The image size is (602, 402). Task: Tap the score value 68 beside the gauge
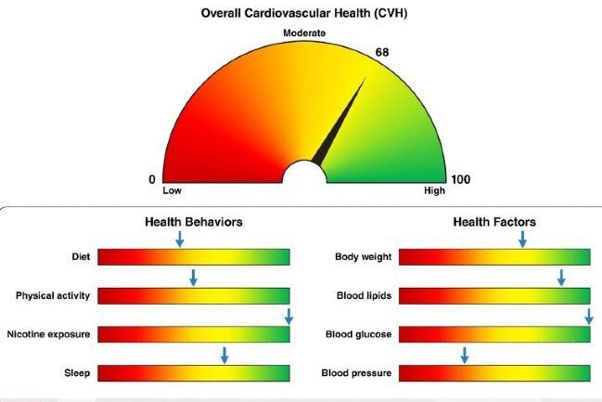click(381, 53)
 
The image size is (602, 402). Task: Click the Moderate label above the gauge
click(304, 33)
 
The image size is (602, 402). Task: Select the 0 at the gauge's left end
click(152, 179)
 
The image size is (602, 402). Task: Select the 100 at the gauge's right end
click(460, 179)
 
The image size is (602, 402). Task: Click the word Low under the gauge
click(171, 191)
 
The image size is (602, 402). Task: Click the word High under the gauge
click(434, 191)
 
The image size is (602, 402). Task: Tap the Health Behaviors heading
click(193, 223)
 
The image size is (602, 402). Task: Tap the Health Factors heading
click(493, 223)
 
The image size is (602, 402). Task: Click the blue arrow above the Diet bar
click(179, 240)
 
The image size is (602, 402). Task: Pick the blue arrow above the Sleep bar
click(224, 355)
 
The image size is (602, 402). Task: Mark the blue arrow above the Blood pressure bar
click(465, 355)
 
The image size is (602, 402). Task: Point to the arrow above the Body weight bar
click(522, 240)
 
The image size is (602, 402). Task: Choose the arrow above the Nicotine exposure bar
click(288, 316)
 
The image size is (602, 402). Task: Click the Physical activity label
click(53, 296)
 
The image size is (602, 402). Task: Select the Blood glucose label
click(358, 334)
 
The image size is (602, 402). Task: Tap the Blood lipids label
click(364, 296)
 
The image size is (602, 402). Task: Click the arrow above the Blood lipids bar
click(560, 278)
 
